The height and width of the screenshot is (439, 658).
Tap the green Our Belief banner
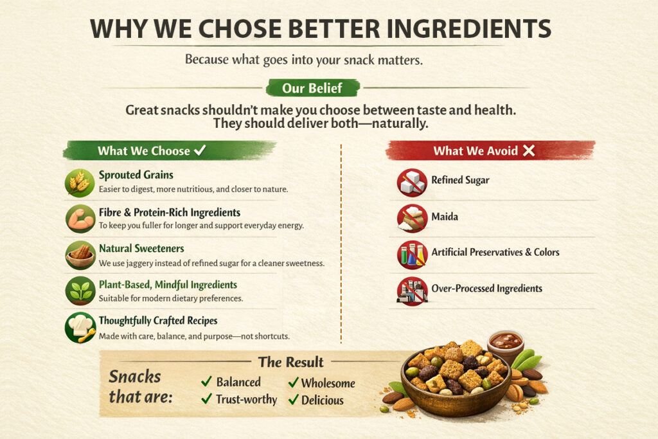(x=312, y=88)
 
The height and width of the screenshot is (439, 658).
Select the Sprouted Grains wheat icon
(x=80, y=182)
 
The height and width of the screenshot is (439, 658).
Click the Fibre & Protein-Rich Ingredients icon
(x=80, y=219)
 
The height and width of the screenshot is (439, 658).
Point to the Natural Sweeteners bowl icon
(x=80, y=255)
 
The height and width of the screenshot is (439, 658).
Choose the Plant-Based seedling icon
(x=80, y=291)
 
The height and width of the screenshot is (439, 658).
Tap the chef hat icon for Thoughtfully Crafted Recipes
(x=80, y=327)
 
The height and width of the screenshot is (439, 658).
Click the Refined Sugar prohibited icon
(x=412, y=182)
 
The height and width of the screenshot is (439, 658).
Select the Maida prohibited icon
(x=412, y=218)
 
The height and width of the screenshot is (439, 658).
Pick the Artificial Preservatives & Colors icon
(x=412, y=254)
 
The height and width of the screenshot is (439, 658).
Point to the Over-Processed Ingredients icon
(x=412, y=291)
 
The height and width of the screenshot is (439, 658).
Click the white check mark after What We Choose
(x=200, y=150)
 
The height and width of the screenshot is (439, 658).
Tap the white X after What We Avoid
(x=529, y=150)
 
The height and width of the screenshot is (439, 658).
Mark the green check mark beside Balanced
(x=206, y=382)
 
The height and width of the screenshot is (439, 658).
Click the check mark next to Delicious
(x=293, y=400)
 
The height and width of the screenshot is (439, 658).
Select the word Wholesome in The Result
(x=328, y=383)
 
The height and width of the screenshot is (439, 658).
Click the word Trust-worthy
(x=246, y=400)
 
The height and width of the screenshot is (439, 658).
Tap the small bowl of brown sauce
(x=506, y=341)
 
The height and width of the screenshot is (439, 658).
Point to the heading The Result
(x=290, y=362)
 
